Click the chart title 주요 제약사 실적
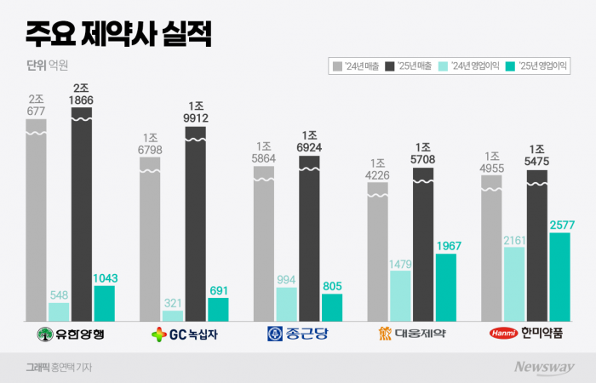(118, 35)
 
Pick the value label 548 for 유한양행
(59, 293)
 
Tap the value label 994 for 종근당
(286, 278)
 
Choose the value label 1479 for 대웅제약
(400, 263)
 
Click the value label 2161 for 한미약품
(514, 239)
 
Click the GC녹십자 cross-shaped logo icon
(158, 334)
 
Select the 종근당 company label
(297, 333)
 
